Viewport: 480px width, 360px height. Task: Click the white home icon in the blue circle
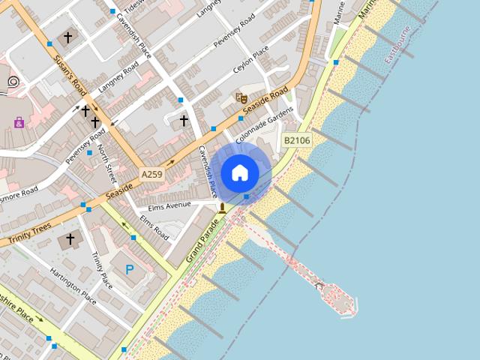coord(240,172)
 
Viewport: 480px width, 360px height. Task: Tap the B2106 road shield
coord(297,140)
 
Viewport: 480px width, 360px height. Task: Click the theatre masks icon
coord(241,97)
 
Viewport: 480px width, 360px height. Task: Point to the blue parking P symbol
coord(130,269)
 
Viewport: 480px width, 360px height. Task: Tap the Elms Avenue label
coord(170,205)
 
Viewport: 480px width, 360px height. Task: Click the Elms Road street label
coord(154,228)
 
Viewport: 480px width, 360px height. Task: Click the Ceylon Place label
coord(250,60)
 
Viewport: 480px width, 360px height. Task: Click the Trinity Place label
coord(101,270)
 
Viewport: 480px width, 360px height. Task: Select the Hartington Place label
coord(73,286)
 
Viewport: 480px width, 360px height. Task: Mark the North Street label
coord(108,163)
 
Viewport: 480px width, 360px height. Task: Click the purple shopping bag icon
coord(19,122)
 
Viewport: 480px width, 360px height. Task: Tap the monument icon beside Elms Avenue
coord(222,207)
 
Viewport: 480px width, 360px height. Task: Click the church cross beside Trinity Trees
coord(70,239)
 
